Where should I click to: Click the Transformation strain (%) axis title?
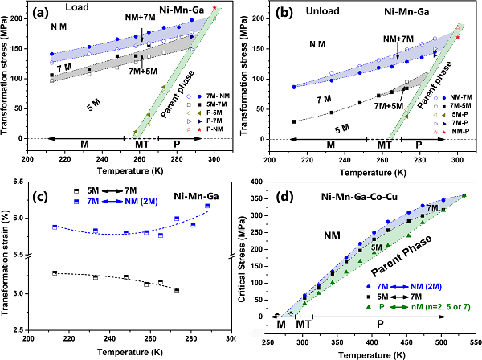pyautogui.click(x=7, y=257)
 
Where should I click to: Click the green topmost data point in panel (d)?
pyautogui.click(x=464, y=195)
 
